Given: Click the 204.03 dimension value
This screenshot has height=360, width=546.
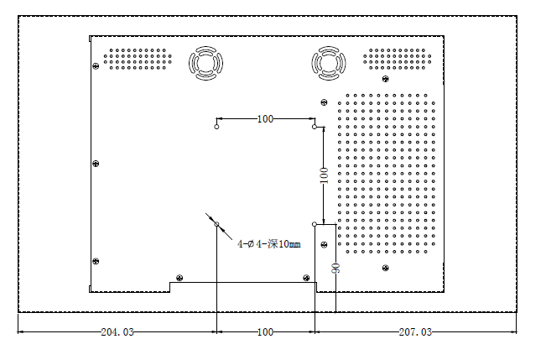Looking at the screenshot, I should (x=117, y=332).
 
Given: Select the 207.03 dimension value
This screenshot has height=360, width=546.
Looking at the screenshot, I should (x=414, y=332).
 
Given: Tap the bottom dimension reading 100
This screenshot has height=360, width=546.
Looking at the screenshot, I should (x=265, y=332).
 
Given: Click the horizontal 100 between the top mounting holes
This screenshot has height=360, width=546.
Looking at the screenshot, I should (x=265, y=119).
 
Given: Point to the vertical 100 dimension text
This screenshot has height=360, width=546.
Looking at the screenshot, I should (x=324, y=176).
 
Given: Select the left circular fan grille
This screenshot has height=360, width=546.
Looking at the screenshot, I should (x=205, y=62).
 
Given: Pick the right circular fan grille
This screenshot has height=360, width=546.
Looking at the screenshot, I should (x=328, y=62).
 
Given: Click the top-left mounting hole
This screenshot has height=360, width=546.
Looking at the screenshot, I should (x=216, y=128).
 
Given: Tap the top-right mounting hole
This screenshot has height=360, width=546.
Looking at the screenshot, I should (x=315, y=128).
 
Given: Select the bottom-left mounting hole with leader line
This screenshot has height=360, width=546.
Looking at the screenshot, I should (x=216, y=225).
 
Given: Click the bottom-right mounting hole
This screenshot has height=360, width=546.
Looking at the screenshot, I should (x=315, y=225).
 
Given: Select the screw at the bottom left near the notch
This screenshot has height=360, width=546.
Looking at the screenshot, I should (x=178, y=278).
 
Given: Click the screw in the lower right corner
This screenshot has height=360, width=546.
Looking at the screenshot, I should (x=385, y=268).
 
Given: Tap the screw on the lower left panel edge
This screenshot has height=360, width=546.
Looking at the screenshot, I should (x=96, y=262).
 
